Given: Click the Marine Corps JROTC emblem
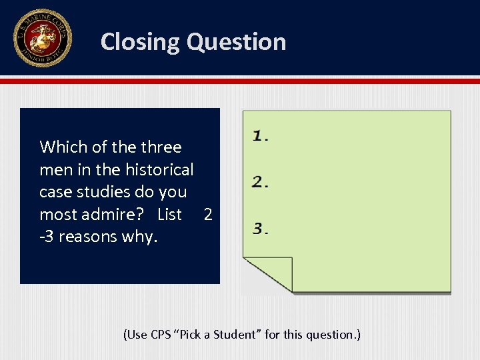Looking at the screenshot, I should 42,38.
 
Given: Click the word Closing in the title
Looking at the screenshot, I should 141,42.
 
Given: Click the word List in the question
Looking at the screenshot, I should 169,214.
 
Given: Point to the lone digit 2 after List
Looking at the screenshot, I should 208,214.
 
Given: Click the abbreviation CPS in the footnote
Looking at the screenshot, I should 161,334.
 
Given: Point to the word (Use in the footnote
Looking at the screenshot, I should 135,334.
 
